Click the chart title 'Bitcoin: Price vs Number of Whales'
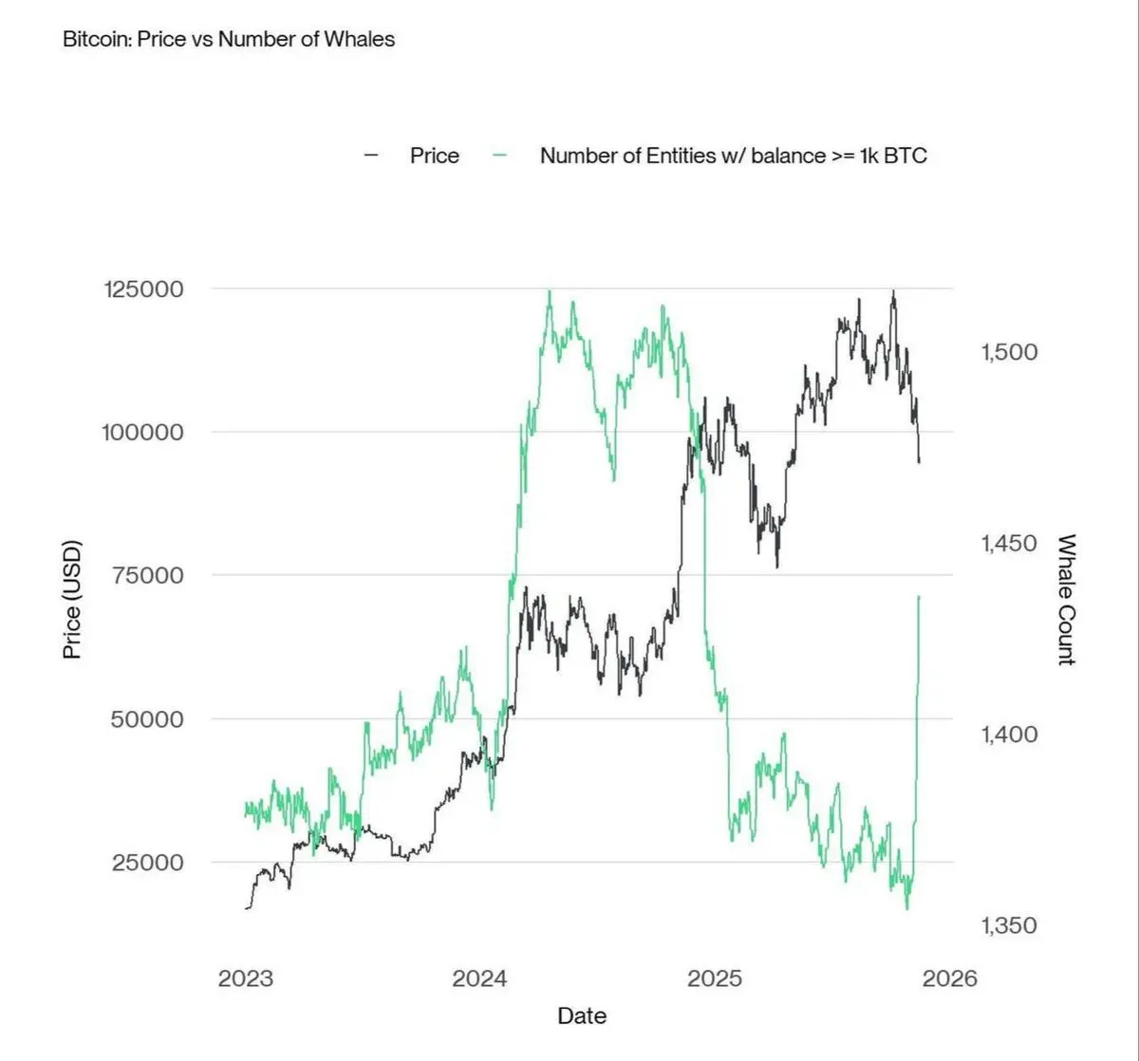pyautogui.click(x=228, y=40)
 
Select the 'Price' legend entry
pyautogui.click(x=434, y=156)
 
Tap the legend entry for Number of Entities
pyautogui.click(x=733, y=156)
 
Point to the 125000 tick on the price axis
pyautogui.click(x=142, y=289)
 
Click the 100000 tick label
pyautogui.click(x=142, y=433)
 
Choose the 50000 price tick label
pyautogui.click(x=147, y=719)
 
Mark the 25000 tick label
pyautogui.click(x=147, y=863)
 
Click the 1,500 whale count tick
pyautogui.click(x=1009, y=352)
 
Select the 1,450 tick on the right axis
pyautogui.click(x=1009, y=544)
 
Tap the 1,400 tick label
pyautogui.click(x=1009, y=734)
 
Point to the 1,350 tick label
pyautogui.click(x=1009, y=925)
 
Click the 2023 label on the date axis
pyautogui.click(x=245, y=978)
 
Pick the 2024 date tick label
pyautogui.click(x=479, y=978)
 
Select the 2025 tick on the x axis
pyautogui.click(x=715, y=978)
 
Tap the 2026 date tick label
pyautogui.click(x=949, y=978)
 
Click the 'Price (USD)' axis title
pyautogui.click(x=72, y=600)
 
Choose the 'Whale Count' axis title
pyautogui.click(x=1067, y=600)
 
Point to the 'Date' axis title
pyautogui.click(x=582, y=1015)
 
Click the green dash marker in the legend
pyautogui.click(x=500, y=155)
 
